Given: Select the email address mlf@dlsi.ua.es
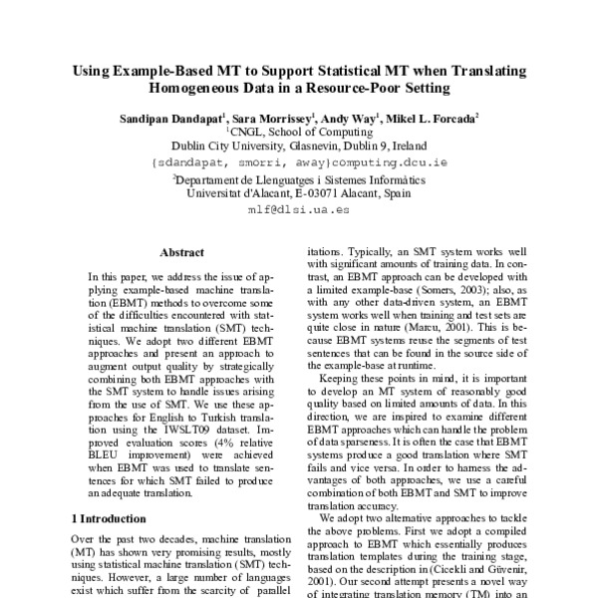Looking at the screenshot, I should pos(299,209).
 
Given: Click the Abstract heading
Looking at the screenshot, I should pos(182,253).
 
